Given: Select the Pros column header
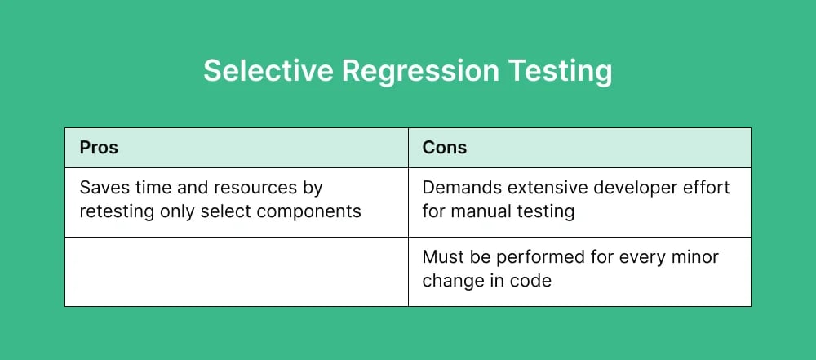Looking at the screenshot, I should point(99,148).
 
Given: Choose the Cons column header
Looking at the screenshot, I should point(445,148).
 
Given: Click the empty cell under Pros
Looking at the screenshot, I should point(236,272).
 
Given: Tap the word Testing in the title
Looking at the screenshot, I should point(561,71).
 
